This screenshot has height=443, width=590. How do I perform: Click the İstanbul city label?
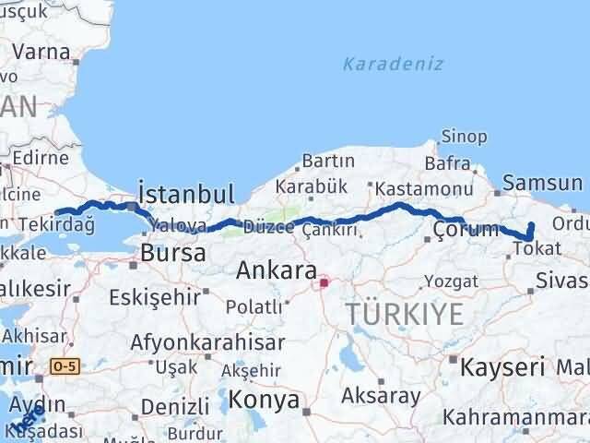(185, 193)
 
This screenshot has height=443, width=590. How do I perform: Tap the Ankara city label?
(274, 271)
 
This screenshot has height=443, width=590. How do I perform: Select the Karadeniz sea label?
(393, 65)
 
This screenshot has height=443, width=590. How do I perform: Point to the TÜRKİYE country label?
(405, 315)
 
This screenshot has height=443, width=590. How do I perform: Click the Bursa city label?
(172, 254)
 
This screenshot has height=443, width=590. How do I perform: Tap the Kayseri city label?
(503, 366)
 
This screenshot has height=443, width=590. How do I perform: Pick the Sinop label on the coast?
(465, 137)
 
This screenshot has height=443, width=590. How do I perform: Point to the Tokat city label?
(537, 248)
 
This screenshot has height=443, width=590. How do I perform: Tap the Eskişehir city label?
(154, 297)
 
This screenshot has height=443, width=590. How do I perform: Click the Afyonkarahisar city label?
(206, 341)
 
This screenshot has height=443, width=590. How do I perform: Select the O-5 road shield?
(65, 366)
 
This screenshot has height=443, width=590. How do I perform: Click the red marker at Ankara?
(324, 283)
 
